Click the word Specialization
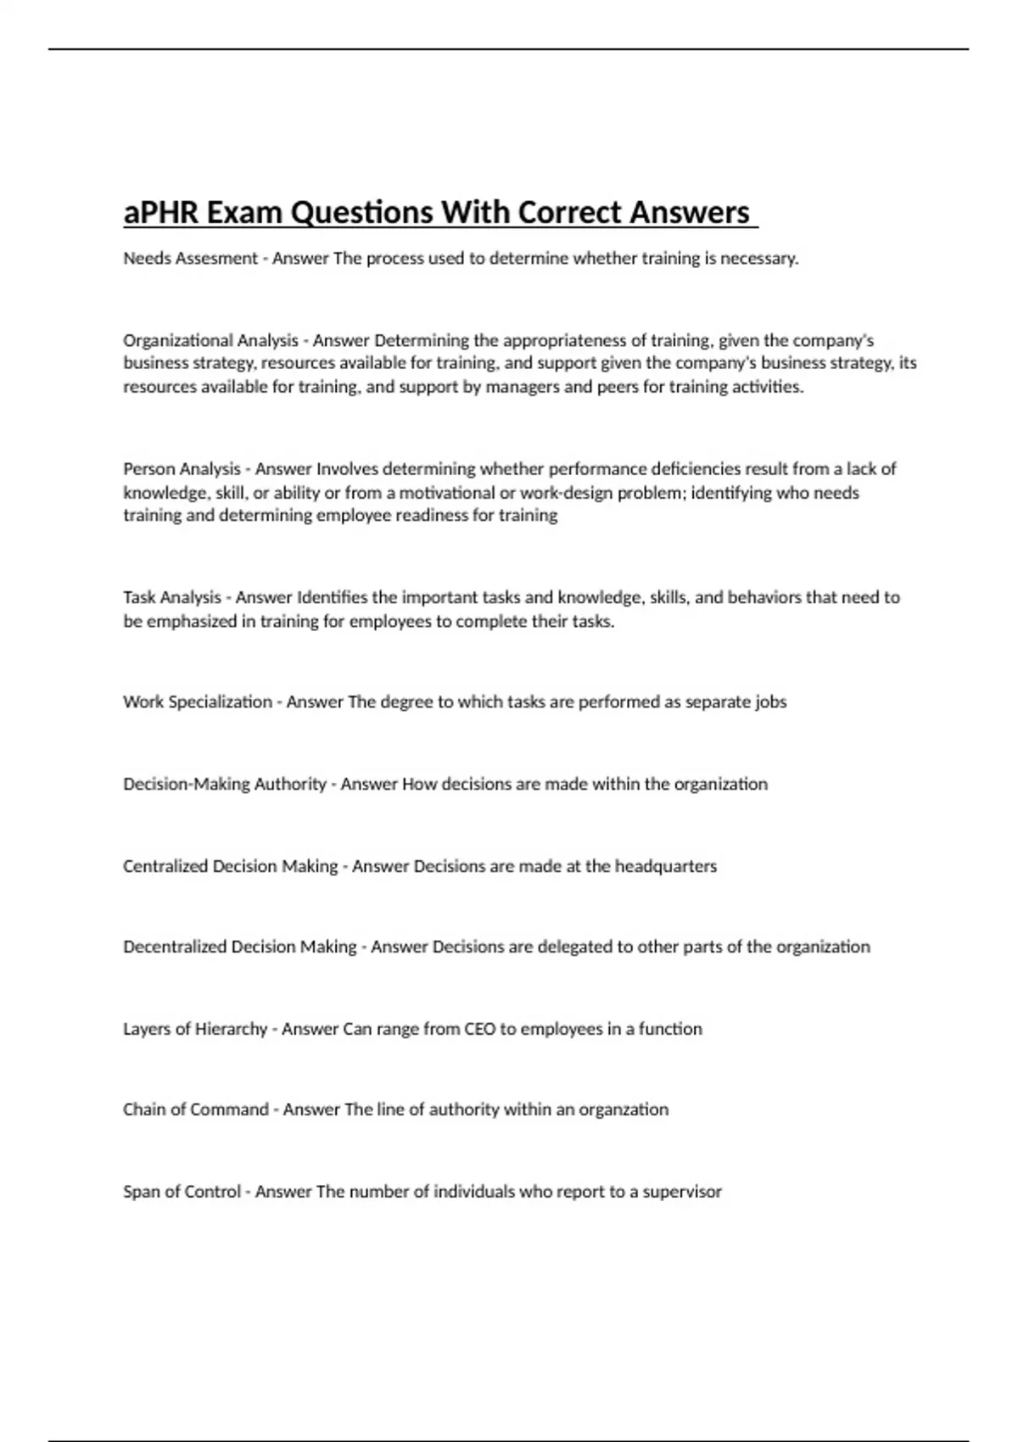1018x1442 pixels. tap(221, 702)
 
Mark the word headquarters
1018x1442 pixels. tap(665, 867)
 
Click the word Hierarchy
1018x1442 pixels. tap(231, 1030)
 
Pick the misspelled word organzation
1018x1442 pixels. tap(624, 1110)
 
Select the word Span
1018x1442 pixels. tap(140, 1192)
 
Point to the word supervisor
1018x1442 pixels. tap(682, 1192)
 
